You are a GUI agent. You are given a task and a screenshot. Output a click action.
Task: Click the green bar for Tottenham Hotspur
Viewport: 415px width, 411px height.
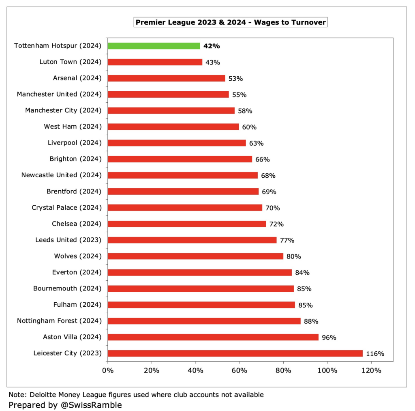pos(154,46)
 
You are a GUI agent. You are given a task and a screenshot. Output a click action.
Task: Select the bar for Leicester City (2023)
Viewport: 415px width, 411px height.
pos(235,353)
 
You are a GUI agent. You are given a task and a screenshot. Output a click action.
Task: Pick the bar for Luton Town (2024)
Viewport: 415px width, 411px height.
pos(155,62)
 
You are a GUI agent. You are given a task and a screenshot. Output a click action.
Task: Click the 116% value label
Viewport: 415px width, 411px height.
pos(375,354)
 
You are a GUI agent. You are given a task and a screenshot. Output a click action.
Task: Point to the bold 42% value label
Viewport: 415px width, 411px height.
pos(212,46)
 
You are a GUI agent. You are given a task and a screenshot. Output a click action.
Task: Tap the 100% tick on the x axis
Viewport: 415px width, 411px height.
pos(327,370)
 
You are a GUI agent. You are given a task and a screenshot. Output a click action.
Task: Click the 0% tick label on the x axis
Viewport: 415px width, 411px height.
pos(108,370)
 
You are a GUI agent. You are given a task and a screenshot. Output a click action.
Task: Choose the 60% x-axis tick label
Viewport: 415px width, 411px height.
pos(239,370)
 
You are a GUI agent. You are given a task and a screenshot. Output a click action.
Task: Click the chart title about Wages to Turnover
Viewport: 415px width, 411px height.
pos(230,22)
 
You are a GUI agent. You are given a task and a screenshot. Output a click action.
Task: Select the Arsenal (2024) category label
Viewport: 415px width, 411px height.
pos(77,78)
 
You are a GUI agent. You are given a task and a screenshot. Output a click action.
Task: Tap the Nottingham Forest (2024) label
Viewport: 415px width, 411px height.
pos(59,321)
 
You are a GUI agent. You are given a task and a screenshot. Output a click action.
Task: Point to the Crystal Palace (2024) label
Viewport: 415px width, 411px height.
pos(66,207)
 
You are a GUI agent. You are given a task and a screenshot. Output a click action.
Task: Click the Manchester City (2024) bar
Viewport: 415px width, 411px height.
pos(171,110)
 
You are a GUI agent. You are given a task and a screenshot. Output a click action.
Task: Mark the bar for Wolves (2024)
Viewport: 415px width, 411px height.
pos(195,256)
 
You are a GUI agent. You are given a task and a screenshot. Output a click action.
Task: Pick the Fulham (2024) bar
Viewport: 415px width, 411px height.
pos(201,305)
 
